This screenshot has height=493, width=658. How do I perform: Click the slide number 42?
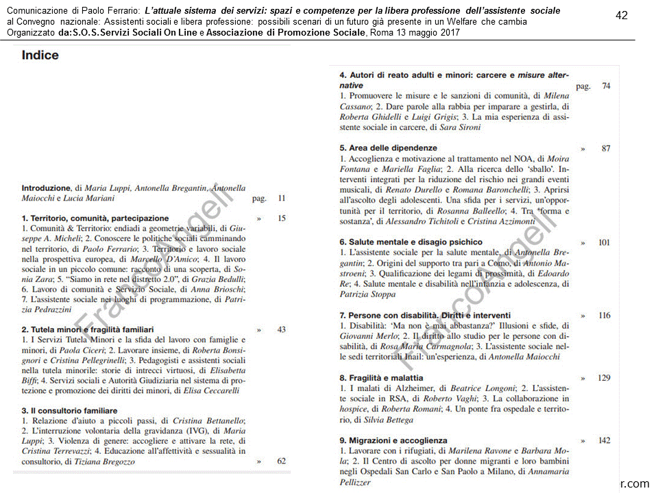(622, 15)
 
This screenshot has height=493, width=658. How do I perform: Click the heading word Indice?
(40, 55)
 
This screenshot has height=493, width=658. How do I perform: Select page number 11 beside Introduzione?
(282, 199)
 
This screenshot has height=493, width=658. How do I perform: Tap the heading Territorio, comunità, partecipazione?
(95, 218)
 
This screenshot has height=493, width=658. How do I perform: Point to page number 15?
(282, 218)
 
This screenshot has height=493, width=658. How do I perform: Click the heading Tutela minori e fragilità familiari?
(87, 329)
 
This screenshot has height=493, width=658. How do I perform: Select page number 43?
(282, 329)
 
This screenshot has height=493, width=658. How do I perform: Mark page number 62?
(282, 462)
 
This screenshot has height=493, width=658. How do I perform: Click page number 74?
(606, 86)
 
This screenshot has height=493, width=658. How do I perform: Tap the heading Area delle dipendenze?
(388, 148)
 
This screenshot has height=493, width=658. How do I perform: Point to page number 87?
(606, 148)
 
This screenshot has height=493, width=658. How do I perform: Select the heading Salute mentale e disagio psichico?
(411, 242)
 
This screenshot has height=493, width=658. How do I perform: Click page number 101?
(604, 242)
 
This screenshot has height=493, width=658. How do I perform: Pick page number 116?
(604, 316)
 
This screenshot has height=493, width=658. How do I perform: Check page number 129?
(604, 378)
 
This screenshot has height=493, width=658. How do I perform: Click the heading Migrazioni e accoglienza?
(393, 440)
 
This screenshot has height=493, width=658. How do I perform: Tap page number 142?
(604, 440)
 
